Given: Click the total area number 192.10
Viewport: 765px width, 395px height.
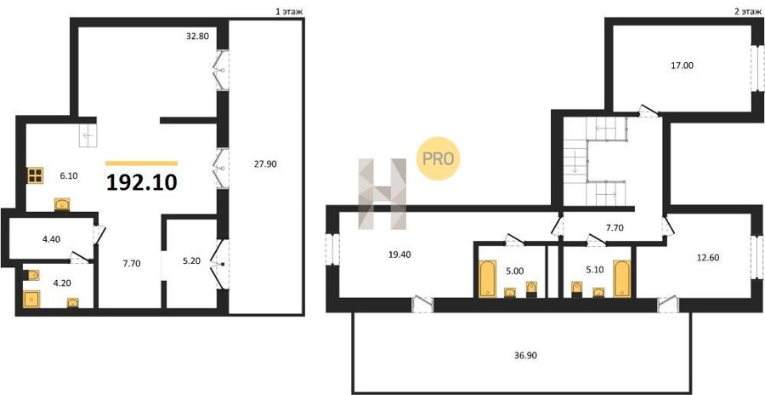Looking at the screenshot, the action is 141,182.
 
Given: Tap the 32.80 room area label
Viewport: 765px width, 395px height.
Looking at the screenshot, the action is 197,36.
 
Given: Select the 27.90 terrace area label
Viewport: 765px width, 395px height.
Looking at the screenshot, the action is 264,164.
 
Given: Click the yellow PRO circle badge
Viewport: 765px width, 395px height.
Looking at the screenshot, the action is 438,158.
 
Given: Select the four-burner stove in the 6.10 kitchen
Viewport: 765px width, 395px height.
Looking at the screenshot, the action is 36,175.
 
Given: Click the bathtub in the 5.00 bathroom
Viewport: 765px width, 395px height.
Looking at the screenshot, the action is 487,278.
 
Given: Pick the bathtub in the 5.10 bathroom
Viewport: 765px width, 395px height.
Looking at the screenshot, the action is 621,278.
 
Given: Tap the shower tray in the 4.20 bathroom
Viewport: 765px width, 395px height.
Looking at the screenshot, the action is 31,299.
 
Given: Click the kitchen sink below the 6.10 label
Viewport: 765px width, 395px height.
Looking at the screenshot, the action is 62,204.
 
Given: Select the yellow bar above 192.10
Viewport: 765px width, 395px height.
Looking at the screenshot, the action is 141,163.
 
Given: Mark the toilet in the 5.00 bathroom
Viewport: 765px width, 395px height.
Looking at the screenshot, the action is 531,289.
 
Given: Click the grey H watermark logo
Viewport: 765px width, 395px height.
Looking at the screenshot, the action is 382,194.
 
